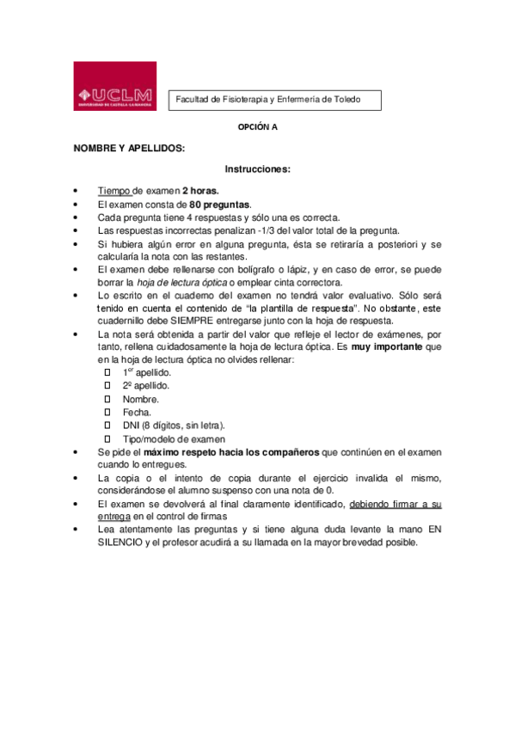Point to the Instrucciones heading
258,169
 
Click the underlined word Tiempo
114,191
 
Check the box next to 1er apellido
107,373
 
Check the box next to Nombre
107,400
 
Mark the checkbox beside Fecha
107,413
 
